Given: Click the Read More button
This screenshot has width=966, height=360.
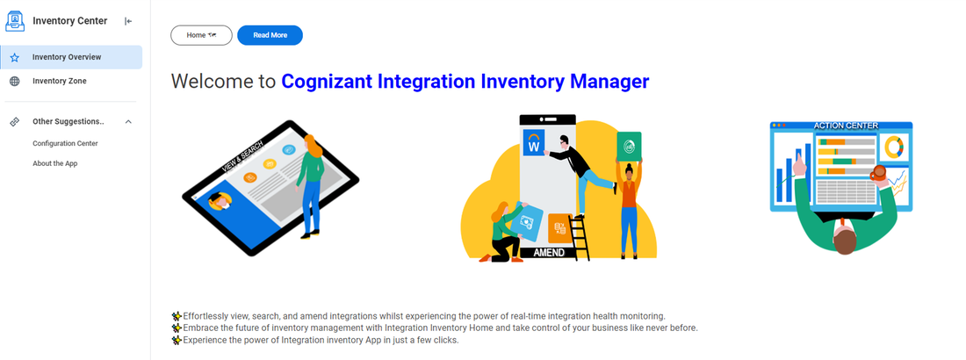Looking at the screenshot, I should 270,35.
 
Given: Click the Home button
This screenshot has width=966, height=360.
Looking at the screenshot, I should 201,35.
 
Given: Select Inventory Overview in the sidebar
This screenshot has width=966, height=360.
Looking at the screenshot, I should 67,57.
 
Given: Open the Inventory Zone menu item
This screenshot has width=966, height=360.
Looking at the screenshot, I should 60,81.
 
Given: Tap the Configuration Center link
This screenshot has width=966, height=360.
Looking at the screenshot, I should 65,143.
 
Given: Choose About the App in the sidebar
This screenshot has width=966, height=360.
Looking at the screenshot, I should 55,163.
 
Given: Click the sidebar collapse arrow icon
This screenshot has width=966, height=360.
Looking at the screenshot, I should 128,21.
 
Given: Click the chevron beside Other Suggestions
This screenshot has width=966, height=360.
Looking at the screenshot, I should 128,121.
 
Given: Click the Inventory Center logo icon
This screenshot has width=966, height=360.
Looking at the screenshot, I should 15,21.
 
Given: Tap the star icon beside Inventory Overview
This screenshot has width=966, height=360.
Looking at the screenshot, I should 15,57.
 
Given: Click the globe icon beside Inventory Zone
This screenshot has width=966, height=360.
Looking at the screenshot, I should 15,81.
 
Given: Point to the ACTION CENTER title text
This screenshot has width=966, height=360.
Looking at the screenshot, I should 846,126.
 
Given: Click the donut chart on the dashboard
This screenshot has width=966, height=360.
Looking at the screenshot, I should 893,147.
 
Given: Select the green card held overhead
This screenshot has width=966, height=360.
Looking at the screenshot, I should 629,146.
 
